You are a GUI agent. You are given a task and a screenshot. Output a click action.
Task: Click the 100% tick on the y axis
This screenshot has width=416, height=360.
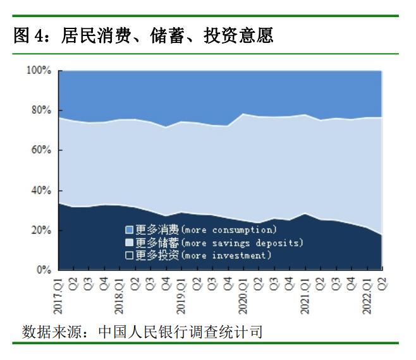coord(39,70)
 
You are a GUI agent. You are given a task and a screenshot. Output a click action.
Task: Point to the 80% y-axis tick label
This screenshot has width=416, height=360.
coord(41,110)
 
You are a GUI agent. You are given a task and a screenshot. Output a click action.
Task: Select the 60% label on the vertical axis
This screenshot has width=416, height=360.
coord(41,150)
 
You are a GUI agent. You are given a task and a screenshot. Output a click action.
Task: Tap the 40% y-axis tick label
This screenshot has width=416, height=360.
coord(41,190)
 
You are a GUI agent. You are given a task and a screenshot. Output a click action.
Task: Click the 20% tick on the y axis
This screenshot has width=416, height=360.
coord(41,231)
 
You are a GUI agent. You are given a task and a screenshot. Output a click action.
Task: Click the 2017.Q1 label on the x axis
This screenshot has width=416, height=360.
coord(58,296)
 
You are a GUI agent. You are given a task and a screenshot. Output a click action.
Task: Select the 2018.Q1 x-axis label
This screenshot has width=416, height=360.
coord(119,296)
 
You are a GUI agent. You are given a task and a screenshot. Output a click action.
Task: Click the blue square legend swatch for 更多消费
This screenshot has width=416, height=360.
coord(129,230)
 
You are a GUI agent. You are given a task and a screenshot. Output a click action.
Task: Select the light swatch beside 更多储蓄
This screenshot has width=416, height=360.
coord(129,243)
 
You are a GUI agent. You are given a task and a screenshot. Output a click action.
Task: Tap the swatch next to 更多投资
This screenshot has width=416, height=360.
coord(129,255)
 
